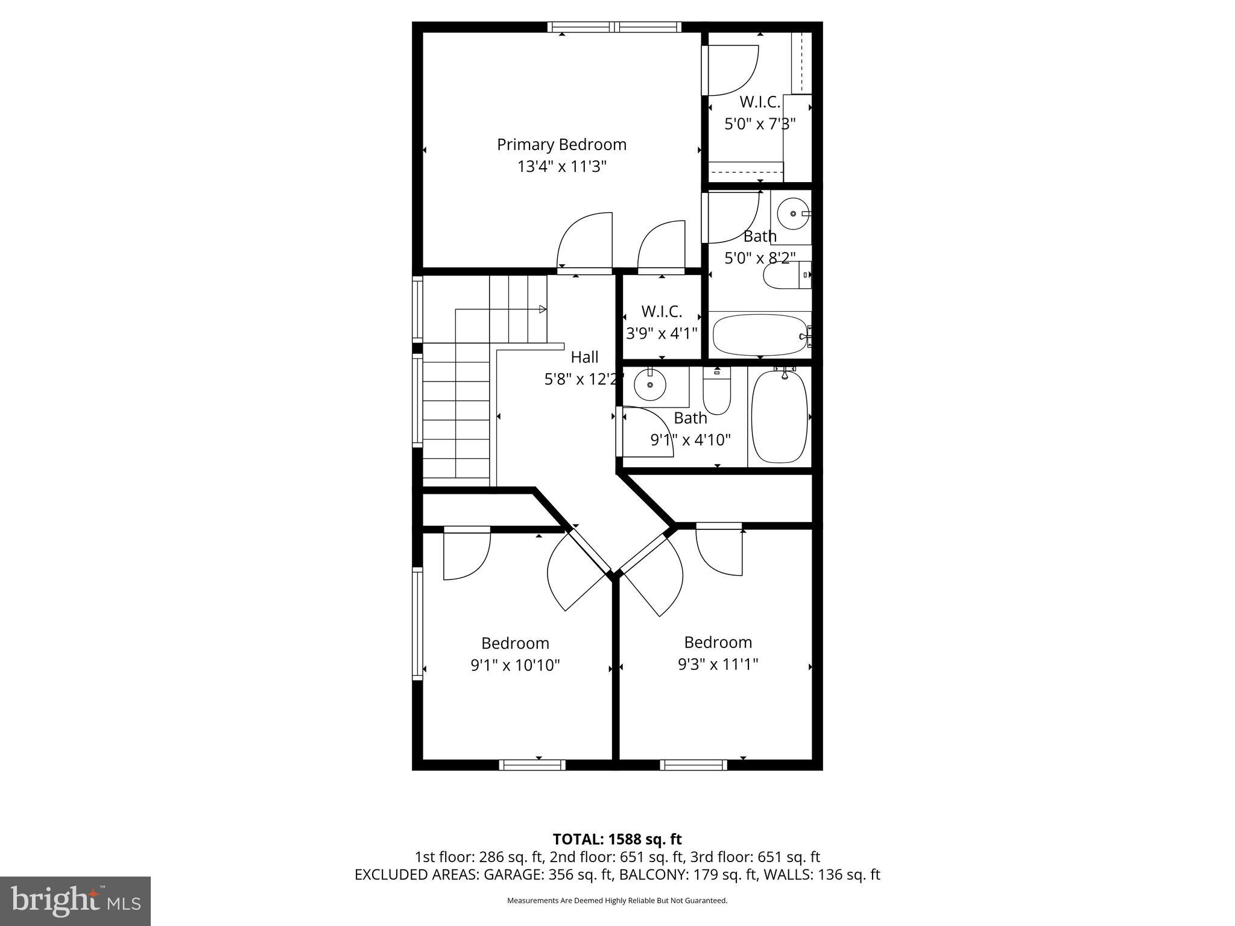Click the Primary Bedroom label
(561, 145)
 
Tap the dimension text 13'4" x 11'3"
(561, 166)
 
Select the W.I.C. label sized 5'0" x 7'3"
(760, 102)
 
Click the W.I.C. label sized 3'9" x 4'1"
(662, 312)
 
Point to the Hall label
(584, 357)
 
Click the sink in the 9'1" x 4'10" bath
(650, 385)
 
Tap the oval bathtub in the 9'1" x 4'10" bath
(780, 417)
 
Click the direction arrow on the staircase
(542, 309)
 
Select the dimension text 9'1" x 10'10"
(515, 666)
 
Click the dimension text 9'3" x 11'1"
(718, 664)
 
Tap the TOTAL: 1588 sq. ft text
(617, 839)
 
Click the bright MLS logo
(75, 901)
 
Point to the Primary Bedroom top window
(614, 27)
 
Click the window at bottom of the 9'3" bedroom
(693, 765)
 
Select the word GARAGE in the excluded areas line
(513, 875)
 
